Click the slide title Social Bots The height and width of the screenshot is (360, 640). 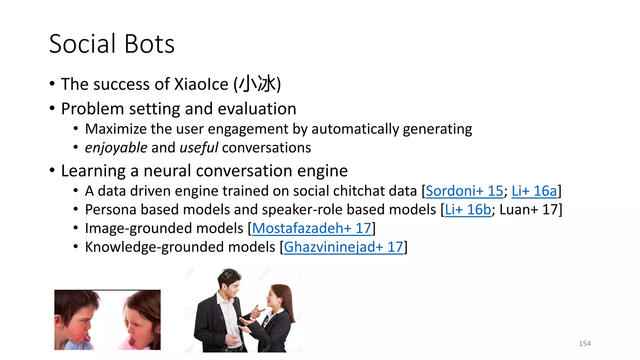click(112, 44)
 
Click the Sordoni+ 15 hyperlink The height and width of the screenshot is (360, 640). click(464, 191)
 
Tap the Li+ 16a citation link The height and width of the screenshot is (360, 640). click(534, 191)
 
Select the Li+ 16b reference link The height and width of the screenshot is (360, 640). click(468, 210)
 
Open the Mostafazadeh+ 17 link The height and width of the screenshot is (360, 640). click(312, 228)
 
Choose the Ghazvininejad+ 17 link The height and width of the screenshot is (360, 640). click(343, 247)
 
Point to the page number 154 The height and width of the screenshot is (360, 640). click(585, 343)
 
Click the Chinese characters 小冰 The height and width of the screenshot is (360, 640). click(257, 84)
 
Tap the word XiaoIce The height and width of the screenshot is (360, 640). click(201, 84)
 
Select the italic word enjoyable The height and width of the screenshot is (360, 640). click(116, 148)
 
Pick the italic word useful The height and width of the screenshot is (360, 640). click(199, 148)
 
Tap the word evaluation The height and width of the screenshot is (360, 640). click(257, 109)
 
